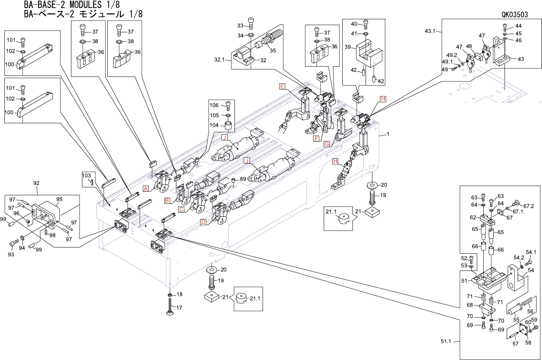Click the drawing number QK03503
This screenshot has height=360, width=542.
tap(515, 15)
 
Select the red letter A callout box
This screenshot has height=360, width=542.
tap(146, 189)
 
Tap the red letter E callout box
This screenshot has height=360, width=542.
tap(282, 86)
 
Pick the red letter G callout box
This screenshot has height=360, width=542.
tap(326, 144)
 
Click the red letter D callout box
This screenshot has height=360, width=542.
tap(203, 222)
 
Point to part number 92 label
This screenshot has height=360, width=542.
tap(36, 183)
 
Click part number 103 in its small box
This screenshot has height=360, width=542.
tap(86, 176)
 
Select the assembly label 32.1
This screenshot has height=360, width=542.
tap(219, 60)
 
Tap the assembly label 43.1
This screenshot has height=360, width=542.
tap(430, 31)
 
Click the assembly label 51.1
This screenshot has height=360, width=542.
tap(446, 341)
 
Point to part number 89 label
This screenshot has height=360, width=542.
tap(243, 179)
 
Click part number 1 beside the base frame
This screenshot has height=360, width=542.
tap(388, 134)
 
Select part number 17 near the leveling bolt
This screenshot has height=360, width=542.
tap(179, 308)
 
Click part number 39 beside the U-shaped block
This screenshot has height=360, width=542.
tap(348, 47)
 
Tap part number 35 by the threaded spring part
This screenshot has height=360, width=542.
tap(273, 50)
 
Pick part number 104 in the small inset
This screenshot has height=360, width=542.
tap(214, 125)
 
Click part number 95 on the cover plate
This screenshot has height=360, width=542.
tap(59, 199)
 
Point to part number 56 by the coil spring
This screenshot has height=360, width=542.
tap(530, 311)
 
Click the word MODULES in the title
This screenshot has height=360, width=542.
tap(86, 4)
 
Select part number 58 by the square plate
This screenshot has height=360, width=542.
tap(528, 342)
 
